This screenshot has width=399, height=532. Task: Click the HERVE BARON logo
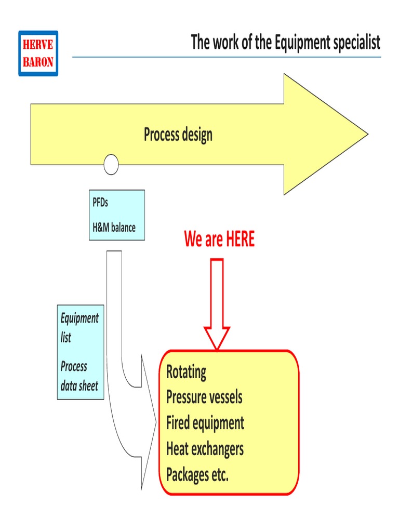(38, 54)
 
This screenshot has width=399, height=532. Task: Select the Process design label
(178, 135)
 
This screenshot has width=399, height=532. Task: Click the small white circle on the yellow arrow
(111, 165)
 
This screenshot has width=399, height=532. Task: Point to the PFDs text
(100, 203)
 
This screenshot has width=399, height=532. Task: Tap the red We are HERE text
(219, 240)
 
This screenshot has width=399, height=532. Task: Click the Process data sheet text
(79, 376)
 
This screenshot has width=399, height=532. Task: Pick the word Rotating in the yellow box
(186, 372)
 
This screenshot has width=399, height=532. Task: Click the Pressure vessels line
(204, 397)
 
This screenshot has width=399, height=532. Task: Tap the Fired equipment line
(205, 423)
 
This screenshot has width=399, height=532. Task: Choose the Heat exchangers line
(205, 448)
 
